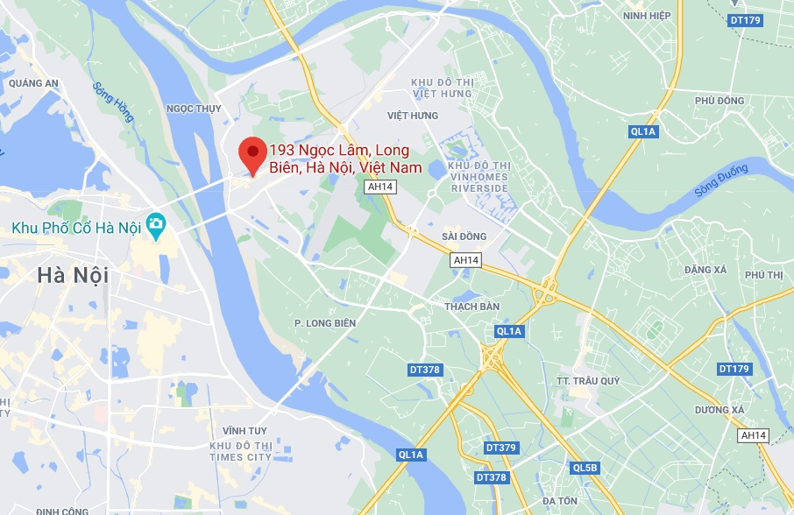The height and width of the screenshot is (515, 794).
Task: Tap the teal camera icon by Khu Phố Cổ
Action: pos(157,224)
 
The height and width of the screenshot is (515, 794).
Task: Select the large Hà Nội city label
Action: pos(73,275)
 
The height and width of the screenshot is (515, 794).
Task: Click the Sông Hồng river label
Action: pos(113,102)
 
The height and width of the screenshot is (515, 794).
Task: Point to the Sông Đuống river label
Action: pos(721,180)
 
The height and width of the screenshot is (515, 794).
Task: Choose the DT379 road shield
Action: pos(500,448)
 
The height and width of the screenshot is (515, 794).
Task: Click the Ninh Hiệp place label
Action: pos(647,16)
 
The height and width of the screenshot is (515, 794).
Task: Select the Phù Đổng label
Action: pos(719,101)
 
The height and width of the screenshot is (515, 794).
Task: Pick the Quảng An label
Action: pos(33,84)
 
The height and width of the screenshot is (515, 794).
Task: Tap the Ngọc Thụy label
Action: pos(193,109)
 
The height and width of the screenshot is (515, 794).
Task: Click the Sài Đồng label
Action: pos(464,236)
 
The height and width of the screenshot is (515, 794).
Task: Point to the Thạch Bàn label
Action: pos(471,307)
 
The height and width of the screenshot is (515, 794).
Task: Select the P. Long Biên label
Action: pos(325,323)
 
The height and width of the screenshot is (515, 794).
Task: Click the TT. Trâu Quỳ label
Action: pos(588,381)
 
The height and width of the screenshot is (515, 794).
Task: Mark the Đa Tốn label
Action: pos(560,501)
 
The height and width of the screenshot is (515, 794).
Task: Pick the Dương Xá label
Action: pos(719,410)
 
